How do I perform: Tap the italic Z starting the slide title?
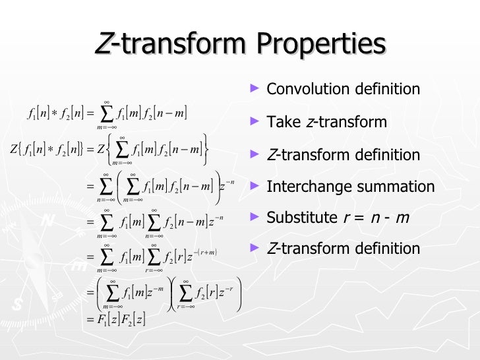click(103, 44)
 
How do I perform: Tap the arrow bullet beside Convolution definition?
click(256, 88)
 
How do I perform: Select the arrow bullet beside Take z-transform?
click(256, 121)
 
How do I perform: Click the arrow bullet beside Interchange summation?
click(256, 186)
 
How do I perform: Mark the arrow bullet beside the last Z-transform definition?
click(256, 248)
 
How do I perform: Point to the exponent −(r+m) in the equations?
click(204, 252)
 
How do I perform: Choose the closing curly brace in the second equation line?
click(207, 147)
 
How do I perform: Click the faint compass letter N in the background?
click(47, 222)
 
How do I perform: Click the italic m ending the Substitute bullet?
click(404, 218)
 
